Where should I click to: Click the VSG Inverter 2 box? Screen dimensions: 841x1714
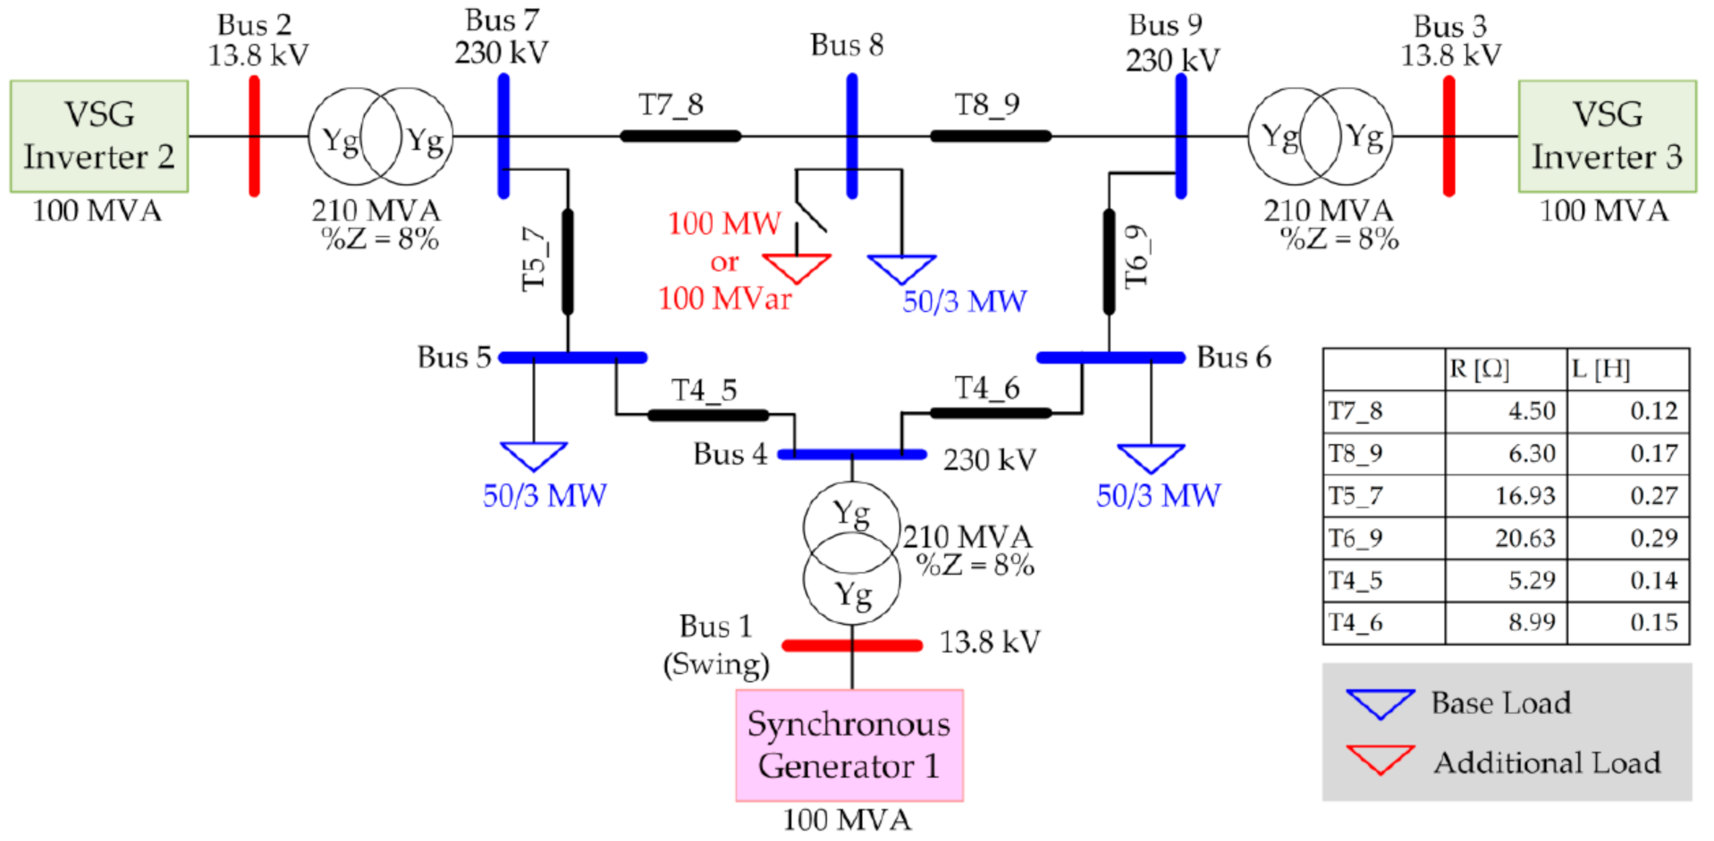pos(98,136)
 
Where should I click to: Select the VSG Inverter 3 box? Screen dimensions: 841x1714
pos(1606,136)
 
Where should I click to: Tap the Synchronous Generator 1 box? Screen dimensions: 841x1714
pos(849,744)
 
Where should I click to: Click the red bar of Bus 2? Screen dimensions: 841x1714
pos(254,136)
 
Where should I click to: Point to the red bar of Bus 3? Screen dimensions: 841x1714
pos(1448,136)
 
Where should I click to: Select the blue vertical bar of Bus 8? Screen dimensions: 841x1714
pos(852,136)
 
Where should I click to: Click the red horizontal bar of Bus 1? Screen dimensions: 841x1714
pos(851,644)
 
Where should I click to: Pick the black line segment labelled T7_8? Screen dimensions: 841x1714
pos(680,136)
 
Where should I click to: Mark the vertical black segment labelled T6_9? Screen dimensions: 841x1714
pos(1109,262)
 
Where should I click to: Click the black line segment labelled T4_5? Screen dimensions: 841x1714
pos(707,415)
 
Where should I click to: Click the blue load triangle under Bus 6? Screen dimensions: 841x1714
pos(1151,457)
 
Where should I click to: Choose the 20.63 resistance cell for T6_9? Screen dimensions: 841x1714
pos(1506,538)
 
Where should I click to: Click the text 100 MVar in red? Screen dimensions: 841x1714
pos(724,299)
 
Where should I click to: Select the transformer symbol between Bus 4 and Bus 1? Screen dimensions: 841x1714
pos(850,554)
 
